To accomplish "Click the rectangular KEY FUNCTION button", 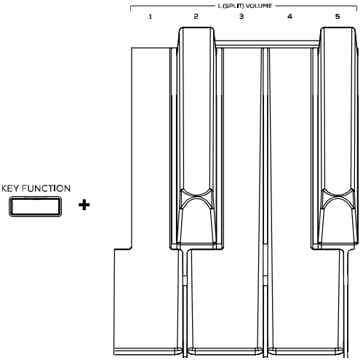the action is (35, 207).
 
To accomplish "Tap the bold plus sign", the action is (84, 205).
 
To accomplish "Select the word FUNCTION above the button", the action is (46, 188).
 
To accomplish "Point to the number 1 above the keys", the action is (151, 17).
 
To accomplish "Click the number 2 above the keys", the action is (196, 17).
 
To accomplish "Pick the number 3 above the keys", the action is (242, 17).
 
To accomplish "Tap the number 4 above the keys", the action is (290, 17).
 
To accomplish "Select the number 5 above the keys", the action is (338, 17).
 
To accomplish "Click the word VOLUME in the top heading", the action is (259, 6).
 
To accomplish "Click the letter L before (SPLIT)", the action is (220, 6).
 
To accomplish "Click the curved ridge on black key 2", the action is (196, 199).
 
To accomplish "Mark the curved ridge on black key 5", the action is (338, 199).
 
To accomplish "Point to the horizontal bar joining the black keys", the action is (267, 44).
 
